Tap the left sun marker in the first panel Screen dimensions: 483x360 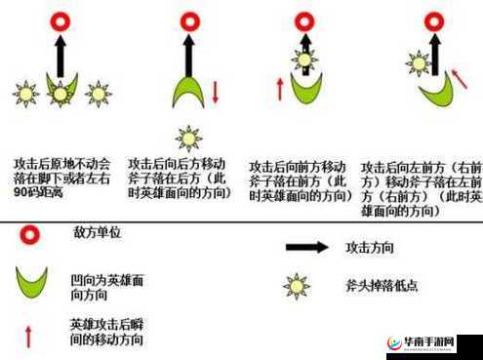pyautogui.click(x=24, y=94)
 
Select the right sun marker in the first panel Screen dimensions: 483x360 pyautogui.click(x=97, y=94)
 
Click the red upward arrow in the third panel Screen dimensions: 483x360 pyautogui.click(x=280, y=89)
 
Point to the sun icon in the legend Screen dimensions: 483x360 pyautogui.click(x=296, y=286)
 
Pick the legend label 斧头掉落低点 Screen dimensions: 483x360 pyautogui.click(x=383, y=286)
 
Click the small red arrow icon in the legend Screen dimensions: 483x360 pyautogui.click(x=28, y=335)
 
